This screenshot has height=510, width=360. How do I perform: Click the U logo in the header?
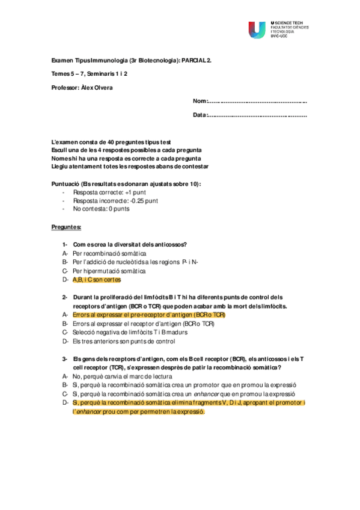257,29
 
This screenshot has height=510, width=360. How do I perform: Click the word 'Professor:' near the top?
66,87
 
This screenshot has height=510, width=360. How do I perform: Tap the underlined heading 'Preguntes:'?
67,227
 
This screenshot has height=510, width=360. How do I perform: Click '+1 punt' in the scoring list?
128,192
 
